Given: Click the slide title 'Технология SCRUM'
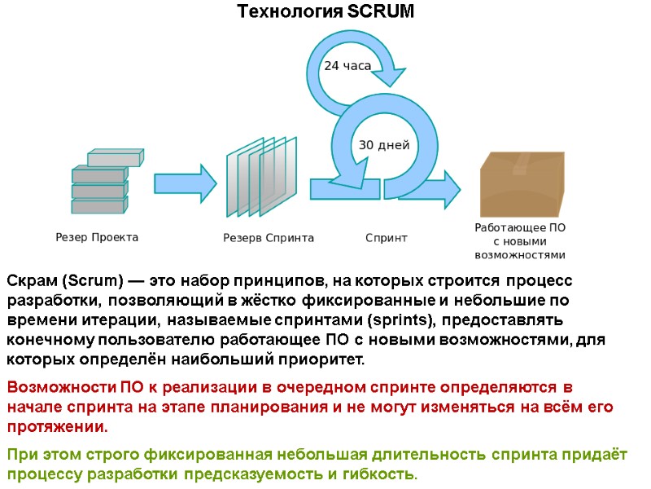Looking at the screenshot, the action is (x=325, y=12).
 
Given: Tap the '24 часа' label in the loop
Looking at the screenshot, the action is (x=347, y=66).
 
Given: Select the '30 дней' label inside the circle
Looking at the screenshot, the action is (x=384, y=145).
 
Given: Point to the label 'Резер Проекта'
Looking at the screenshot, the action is (x=97, y=238).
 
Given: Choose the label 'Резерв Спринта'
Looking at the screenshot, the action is (x=269, y=238).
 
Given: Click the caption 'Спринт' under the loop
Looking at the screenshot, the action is (x=387, y=238).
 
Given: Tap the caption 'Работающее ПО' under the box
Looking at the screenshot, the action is (x=520, y=228).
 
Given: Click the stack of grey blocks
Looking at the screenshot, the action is (x=102, y=182).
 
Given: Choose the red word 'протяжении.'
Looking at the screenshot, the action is (x=57, y=427).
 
